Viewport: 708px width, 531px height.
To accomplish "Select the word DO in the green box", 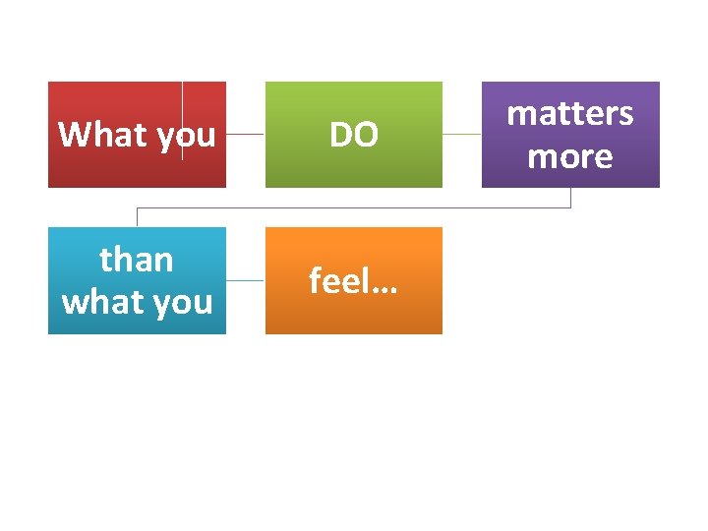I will tap(353, 135).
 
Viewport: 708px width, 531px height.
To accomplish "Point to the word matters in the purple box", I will tap(570, 114).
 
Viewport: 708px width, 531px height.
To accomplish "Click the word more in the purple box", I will tap(570, 156).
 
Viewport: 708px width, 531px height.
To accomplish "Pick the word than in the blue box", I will tap(137, 260).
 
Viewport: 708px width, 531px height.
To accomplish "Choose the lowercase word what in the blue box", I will tap(100, 302).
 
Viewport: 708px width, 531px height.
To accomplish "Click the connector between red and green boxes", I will tap(245, 134).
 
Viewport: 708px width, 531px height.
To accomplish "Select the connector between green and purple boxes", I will tap(461, 134).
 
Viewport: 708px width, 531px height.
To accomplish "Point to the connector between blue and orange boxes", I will tap(245, 280).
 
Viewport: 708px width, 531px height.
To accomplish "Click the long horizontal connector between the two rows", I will tap(354, 207).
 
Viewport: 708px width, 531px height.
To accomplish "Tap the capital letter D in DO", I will tap(340, 135).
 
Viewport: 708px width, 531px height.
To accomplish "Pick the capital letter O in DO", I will tap(365, 135).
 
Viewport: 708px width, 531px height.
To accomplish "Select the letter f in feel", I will tap(315, 280).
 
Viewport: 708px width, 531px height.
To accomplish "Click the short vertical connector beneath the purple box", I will tap(570, 198).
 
